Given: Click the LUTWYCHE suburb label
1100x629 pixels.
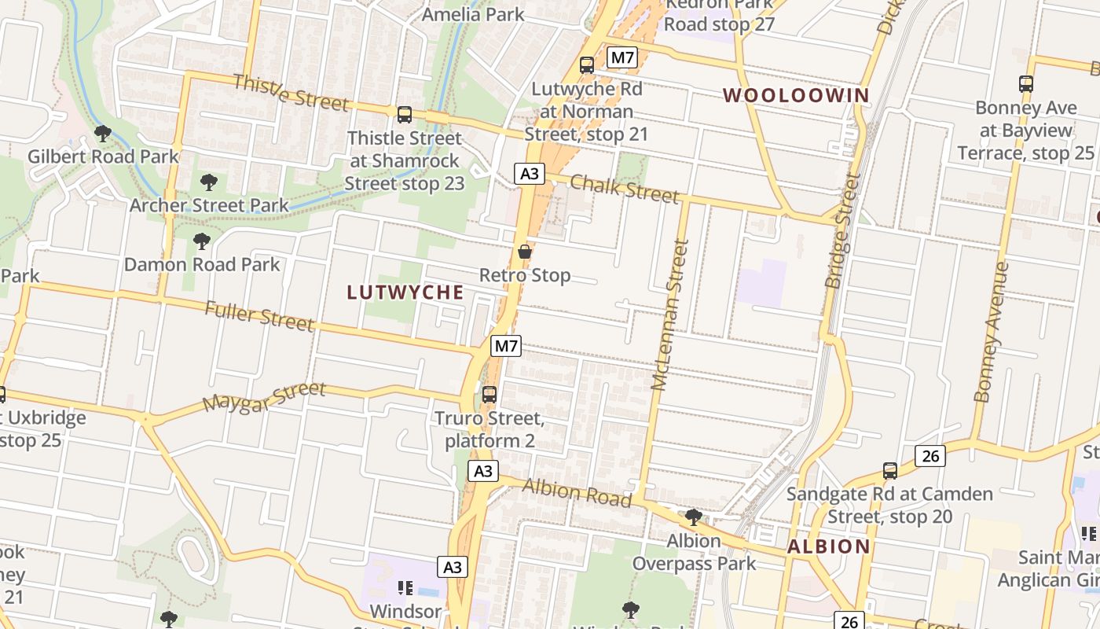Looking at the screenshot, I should tap(405, 292).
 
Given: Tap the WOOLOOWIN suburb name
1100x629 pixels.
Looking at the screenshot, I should tap(796, 96).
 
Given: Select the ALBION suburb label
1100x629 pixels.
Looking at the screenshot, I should tap(828, 546).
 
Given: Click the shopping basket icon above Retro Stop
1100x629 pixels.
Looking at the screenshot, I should tap(525, 252).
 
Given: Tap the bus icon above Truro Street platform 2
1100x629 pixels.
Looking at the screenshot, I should tap(489, 394).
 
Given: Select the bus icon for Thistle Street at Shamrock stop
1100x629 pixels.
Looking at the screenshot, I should tap(405, 115).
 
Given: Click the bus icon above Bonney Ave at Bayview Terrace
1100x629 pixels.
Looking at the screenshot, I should tap(1025, 83).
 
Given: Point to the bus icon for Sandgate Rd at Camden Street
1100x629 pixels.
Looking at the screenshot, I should tap(889, 471).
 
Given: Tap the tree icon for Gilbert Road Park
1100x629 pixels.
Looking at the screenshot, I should tap(102, 134).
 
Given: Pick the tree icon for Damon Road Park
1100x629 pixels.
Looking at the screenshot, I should tap(202, 241).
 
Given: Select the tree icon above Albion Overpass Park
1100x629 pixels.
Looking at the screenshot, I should tap(693, 517).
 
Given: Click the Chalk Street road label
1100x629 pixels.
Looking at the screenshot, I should tap(624, 189).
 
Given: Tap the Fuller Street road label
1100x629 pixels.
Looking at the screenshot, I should tap(259, 316).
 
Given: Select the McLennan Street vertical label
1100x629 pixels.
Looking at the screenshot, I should tap(669, 314).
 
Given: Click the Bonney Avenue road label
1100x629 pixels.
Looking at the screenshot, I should tap(991, 332).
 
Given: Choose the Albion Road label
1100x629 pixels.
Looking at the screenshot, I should tap(577, 492).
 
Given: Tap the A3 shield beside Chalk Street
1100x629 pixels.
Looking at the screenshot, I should tap(530, 173).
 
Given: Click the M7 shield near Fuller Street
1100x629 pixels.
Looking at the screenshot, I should tap(507, 345).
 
